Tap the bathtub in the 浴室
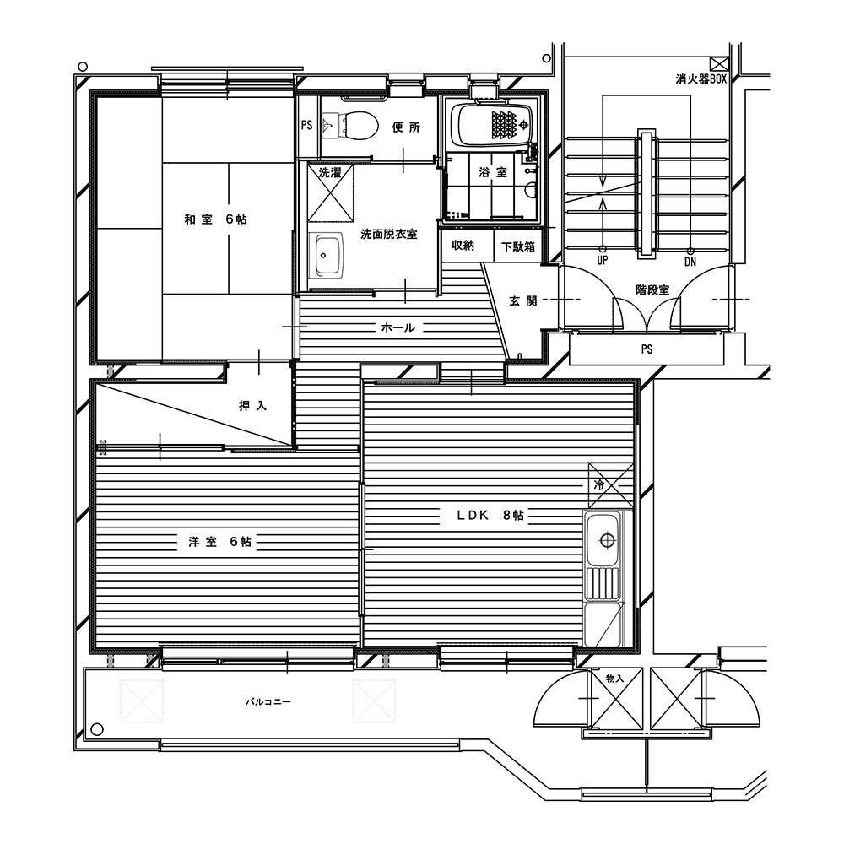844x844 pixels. pyautogui.click(x=491, y=126)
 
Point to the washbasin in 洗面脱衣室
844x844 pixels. pyautogui.click(x=325, y=255)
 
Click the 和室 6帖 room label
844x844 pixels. pyautogui.click(x=216, y=219)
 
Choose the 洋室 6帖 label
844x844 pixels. pyautogui.click(x=219, y=542)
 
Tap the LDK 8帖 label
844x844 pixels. pyautogui.click(x=490, y=515)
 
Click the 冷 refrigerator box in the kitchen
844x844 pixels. pyautogui.click(x=611, y=485)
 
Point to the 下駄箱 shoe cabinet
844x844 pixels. pyautogui.click(x=518, y=246)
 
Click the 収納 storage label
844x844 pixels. pyautogui.click(x=463, y=246)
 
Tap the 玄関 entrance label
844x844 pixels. pyautogui.click(x=523, y=300)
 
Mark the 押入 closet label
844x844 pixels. pyautogui.click(x=252, y=406)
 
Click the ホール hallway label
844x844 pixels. pyautogui.click(x=398, y=327)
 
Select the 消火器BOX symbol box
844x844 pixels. pyautogui.click(x=718, y=64)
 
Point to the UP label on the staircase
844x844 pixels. pyautogui.click(x=603, y=261)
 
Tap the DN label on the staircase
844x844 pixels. pyautogui.click(x=690, y=262)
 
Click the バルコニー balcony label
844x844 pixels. pyautogui.click(x=268, y=702)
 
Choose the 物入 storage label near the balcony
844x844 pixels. pyautogui.click(x=614, y=679)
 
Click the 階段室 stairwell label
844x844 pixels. pyautogui.click(x=652, y=289)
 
